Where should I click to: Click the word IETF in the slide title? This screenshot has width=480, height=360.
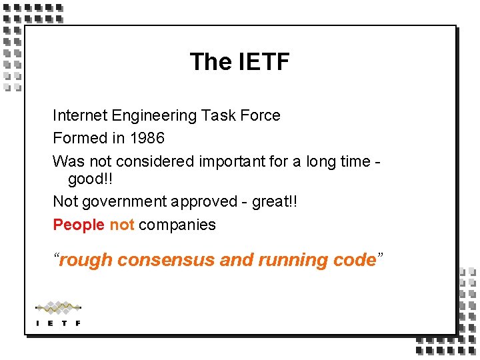[263, 62]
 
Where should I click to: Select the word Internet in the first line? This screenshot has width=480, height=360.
[80, 115]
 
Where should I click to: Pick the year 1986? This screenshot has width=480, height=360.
[147, 138]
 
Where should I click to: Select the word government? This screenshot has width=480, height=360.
[125, 201]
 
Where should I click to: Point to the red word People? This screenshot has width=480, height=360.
[79, 225]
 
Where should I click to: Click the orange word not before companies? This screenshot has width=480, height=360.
[122, 225]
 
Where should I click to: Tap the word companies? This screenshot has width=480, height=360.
[177, 225]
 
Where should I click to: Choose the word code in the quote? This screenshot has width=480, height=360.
[354, 260]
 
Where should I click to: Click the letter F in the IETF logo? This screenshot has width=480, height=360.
[78, 323]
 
